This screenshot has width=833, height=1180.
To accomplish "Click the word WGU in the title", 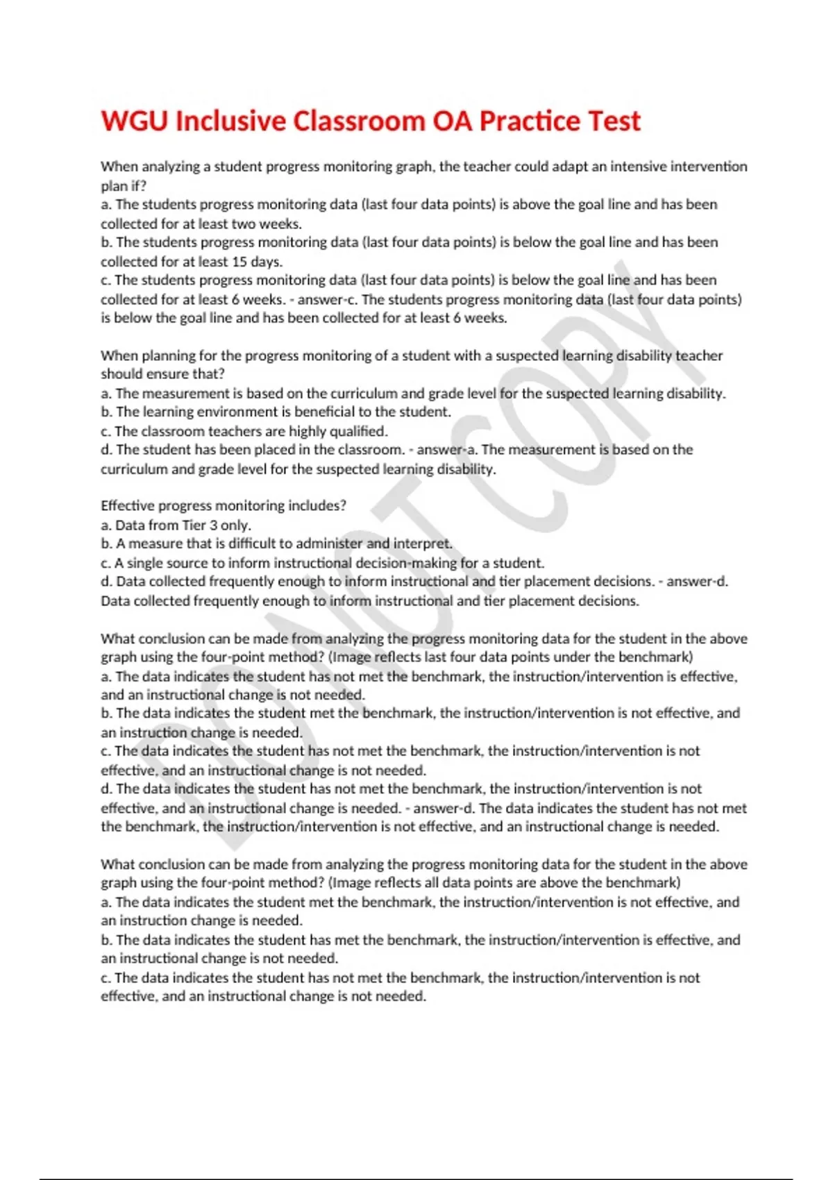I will [x=135, y=121].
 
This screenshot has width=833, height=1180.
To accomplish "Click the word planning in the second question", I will [x=169, y=355].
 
